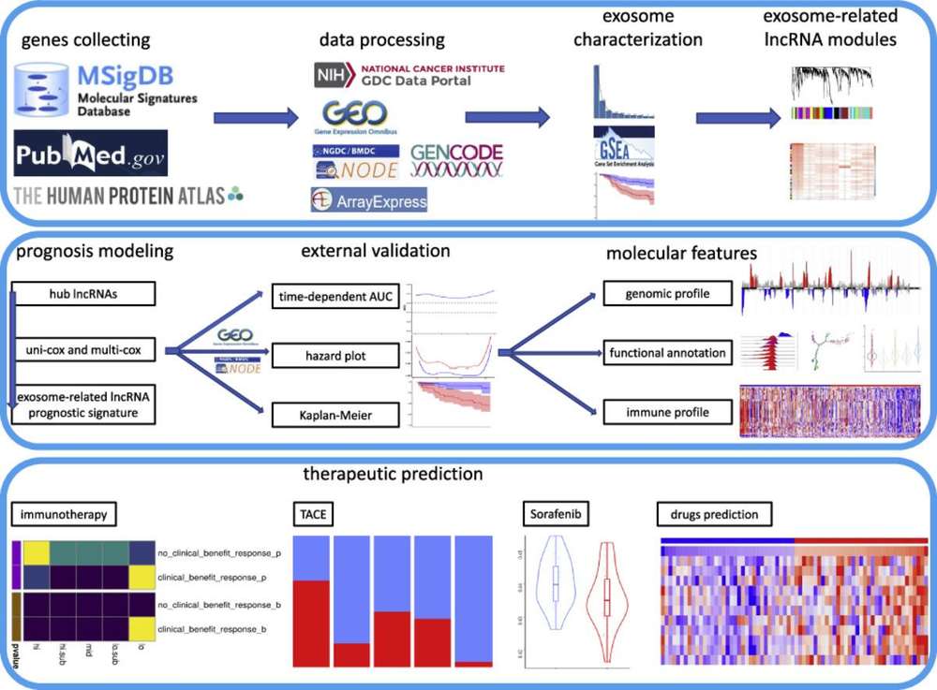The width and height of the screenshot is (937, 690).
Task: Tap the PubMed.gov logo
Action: coord(90,154)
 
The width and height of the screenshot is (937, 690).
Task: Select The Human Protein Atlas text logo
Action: coord(126,195)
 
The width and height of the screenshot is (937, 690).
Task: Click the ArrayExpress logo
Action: coord(368,199)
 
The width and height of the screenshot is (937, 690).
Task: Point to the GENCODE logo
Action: coord(456,159)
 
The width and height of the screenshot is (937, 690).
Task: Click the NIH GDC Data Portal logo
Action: coord(409,75)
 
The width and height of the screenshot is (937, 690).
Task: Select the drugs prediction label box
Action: coord(710,515)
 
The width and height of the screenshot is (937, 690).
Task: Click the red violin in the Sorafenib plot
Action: coord(606,599)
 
